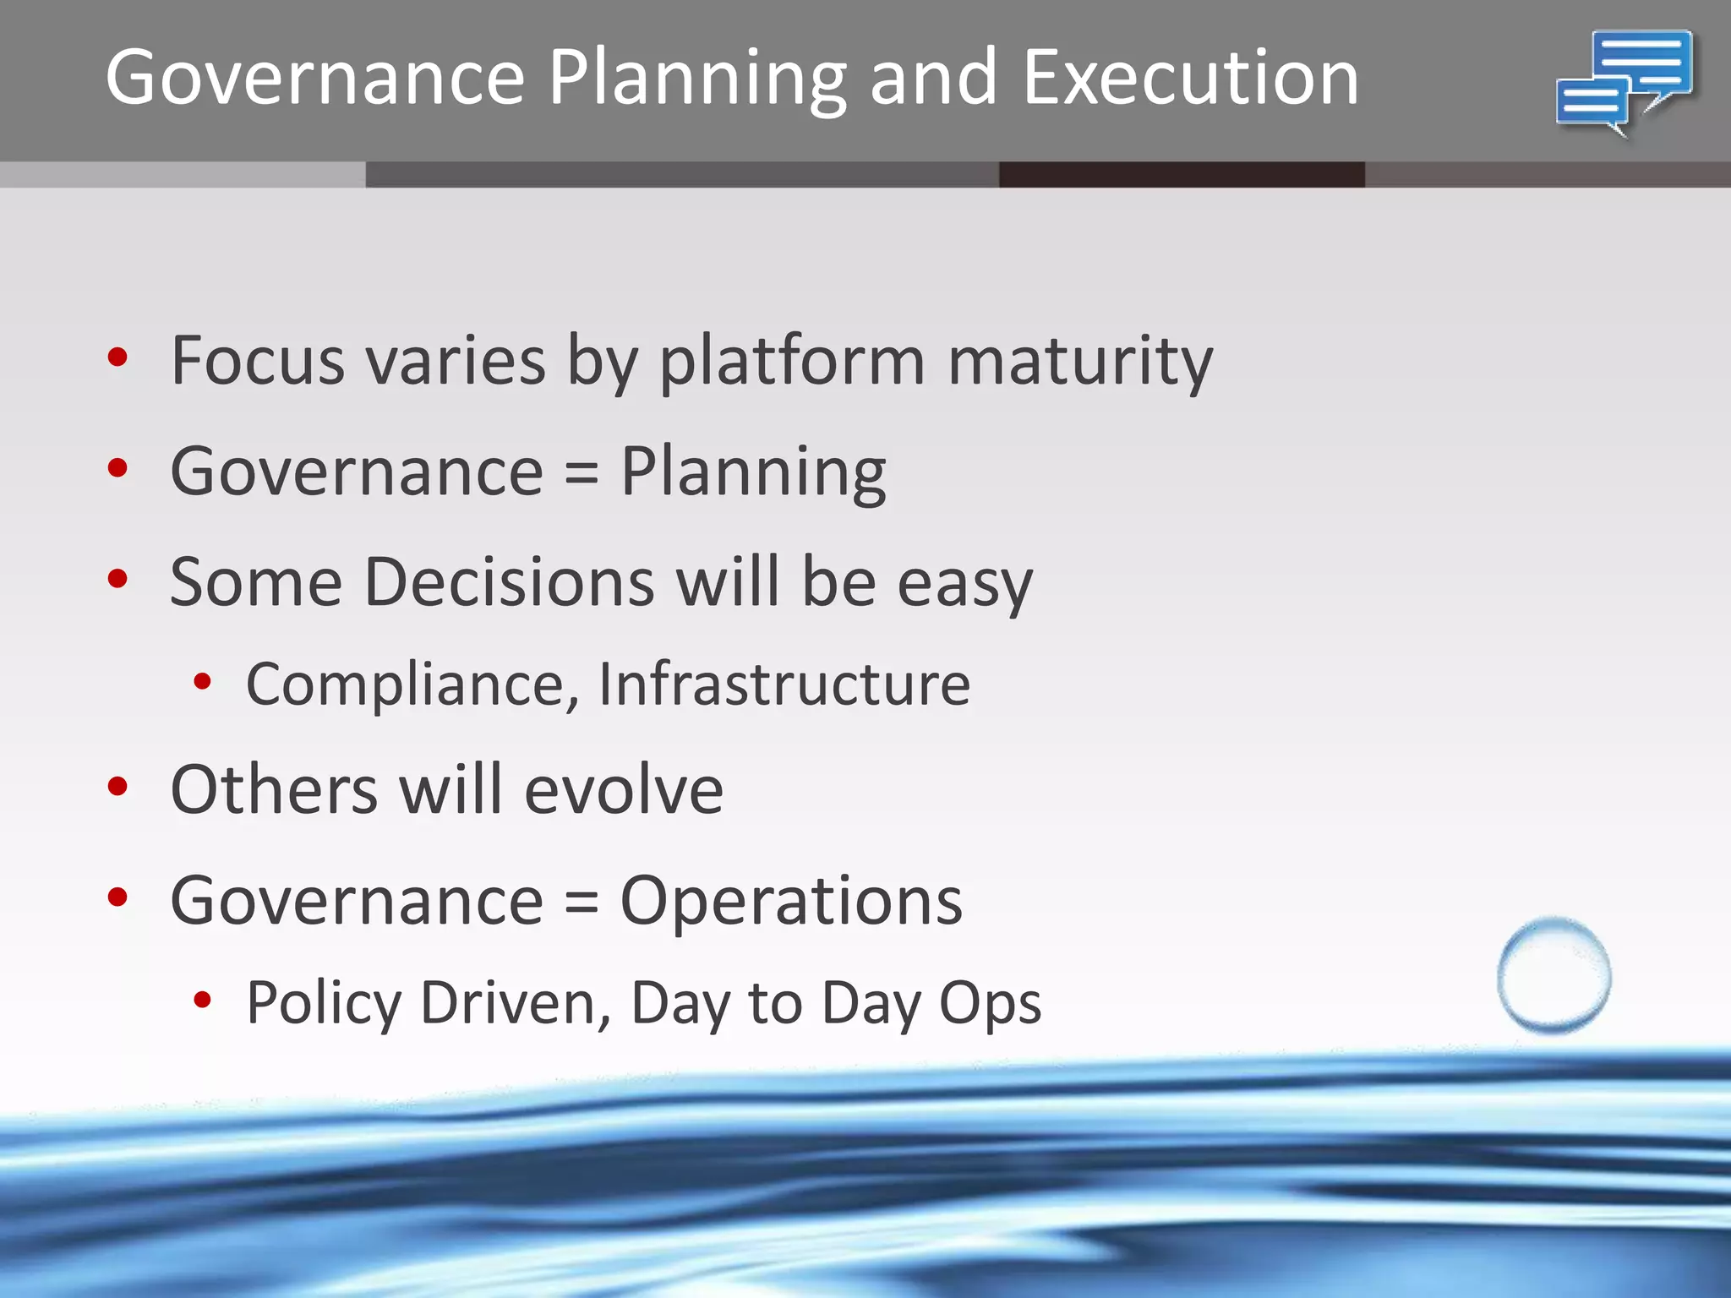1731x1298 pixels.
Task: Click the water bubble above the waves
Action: click(x=1554, y=975)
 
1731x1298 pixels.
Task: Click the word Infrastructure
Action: click(x=784, y=684)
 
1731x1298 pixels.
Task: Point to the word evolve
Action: click(x=624, y=791)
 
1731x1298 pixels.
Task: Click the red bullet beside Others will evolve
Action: click(x=117, y=788)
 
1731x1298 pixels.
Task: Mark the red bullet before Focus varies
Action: click(x=117, y=357)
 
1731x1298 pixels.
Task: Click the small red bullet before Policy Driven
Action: click(x=202, y=1001)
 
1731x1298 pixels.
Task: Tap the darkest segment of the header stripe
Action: click(x=1181, y=175)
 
